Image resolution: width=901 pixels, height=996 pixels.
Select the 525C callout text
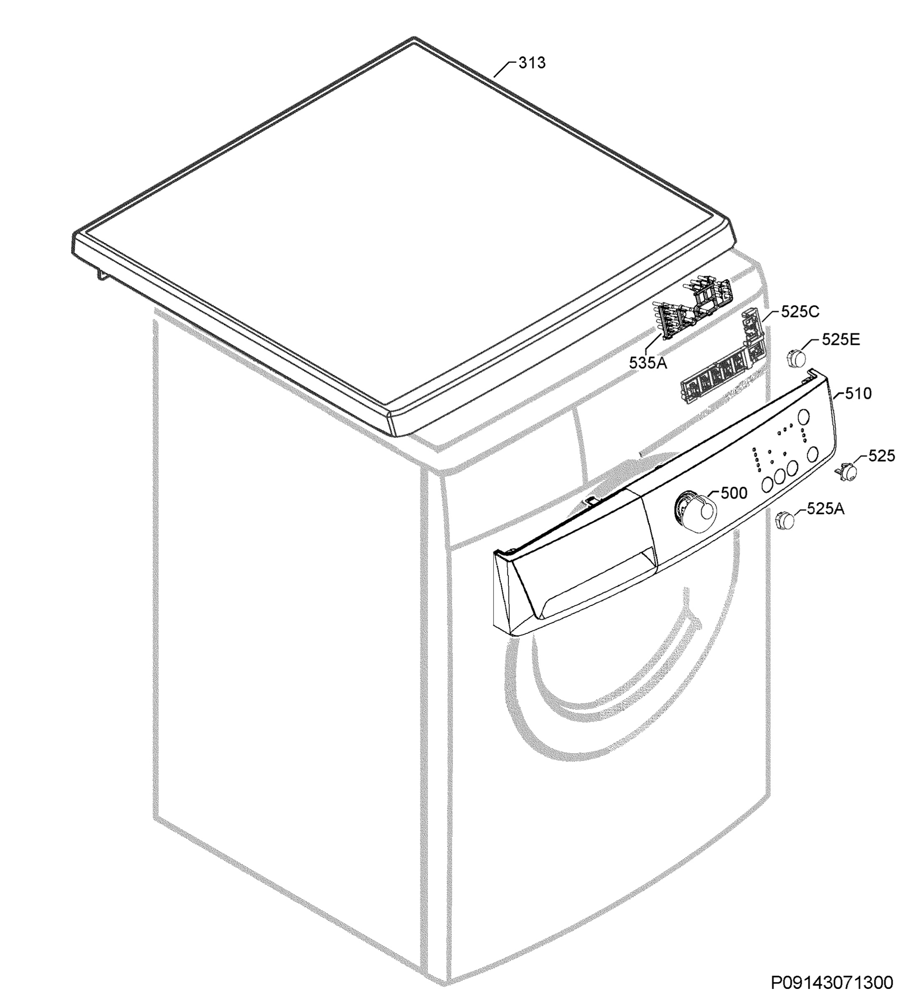click(800, 312)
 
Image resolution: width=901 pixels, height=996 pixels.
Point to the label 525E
click(841, 340)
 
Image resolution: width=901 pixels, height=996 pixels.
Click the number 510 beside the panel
click(858, 394)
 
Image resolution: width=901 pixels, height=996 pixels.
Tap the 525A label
click(825, 509)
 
